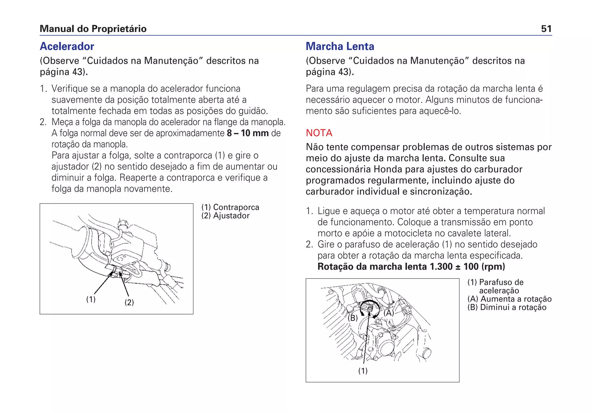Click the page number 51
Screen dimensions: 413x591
(546, 29)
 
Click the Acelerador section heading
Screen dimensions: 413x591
(67, 46)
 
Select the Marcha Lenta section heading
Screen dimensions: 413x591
(340, 46)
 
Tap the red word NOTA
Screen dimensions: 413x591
(319, 133)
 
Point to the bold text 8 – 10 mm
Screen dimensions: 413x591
(248, 133)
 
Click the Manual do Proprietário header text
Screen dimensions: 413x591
(93, 29)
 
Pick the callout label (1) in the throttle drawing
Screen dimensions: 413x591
(91, 299)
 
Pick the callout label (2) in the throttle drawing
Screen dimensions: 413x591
(129, 302)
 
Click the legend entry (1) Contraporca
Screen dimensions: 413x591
(230, 207)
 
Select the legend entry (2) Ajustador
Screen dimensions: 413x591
(225, 216)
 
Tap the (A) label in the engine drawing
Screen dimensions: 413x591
(389, 313)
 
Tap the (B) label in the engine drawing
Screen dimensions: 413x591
(353, 318)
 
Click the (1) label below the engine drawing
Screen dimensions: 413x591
(363, 371)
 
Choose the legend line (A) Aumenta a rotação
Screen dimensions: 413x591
(509, 299)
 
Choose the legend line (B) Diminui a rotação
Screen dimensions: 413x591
(507, 307)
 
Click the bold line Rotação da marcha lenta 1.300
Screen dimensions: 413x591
(411, 266)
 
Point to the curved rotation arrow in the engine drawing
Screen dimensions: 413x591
(370, 302)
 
